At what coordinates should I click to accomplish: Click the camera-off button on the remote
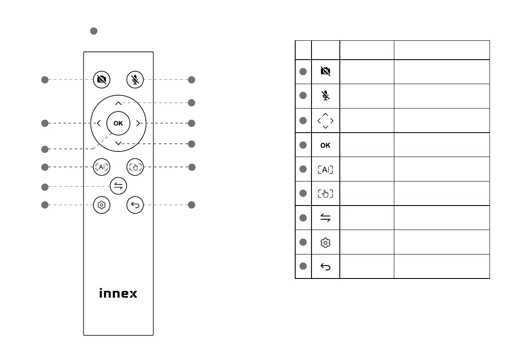point(102,79)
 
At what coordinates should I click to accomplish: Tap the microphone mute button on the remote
point(135,79)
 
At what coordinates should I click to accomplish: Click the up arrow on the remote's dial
point(118,103)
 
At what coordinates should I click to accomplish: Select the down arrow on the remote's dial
point(118,143)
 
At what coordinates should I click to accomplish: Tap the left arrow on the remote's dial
point(99,124)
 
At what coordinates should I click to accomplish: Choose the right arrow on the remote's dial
point(137,124)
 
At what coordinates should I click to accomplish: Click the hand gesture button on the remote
point(135,167)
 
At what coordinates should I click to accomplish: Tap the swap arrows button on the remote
point(118,186)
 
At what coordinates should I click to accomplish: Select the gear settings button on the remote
point(102,205)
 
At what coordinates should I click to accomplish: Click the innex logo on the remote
point(118,294)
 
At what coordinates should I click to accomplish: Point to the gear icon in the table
point(325,243)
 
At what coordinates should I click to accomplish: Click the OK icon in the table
point(325,145)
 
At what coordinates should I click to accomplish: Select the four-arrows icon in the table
point(325,121)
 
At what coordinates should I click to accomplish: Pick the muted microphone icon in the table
point(325,96)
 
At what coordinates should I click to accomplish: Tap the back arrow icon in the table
point(325,267)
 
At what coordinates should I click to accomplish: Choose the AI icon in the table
point(325,169)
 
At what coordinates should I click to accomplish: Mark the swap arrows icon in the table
point(325,218)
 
